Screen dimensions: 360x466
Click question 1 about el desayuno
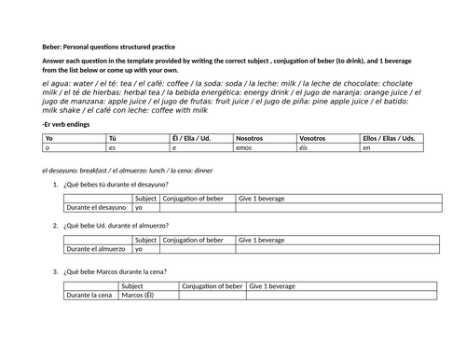coord(116,185)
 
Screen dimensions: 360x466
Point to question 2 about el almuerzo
coord(116,227)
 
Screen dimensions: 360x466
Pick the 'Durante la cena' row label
coord(89,296)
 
